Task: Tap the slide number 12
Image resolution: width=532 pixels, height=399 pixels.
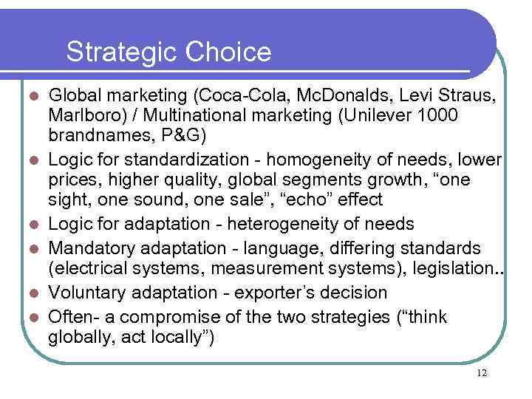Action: click(x=482, y=372)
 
